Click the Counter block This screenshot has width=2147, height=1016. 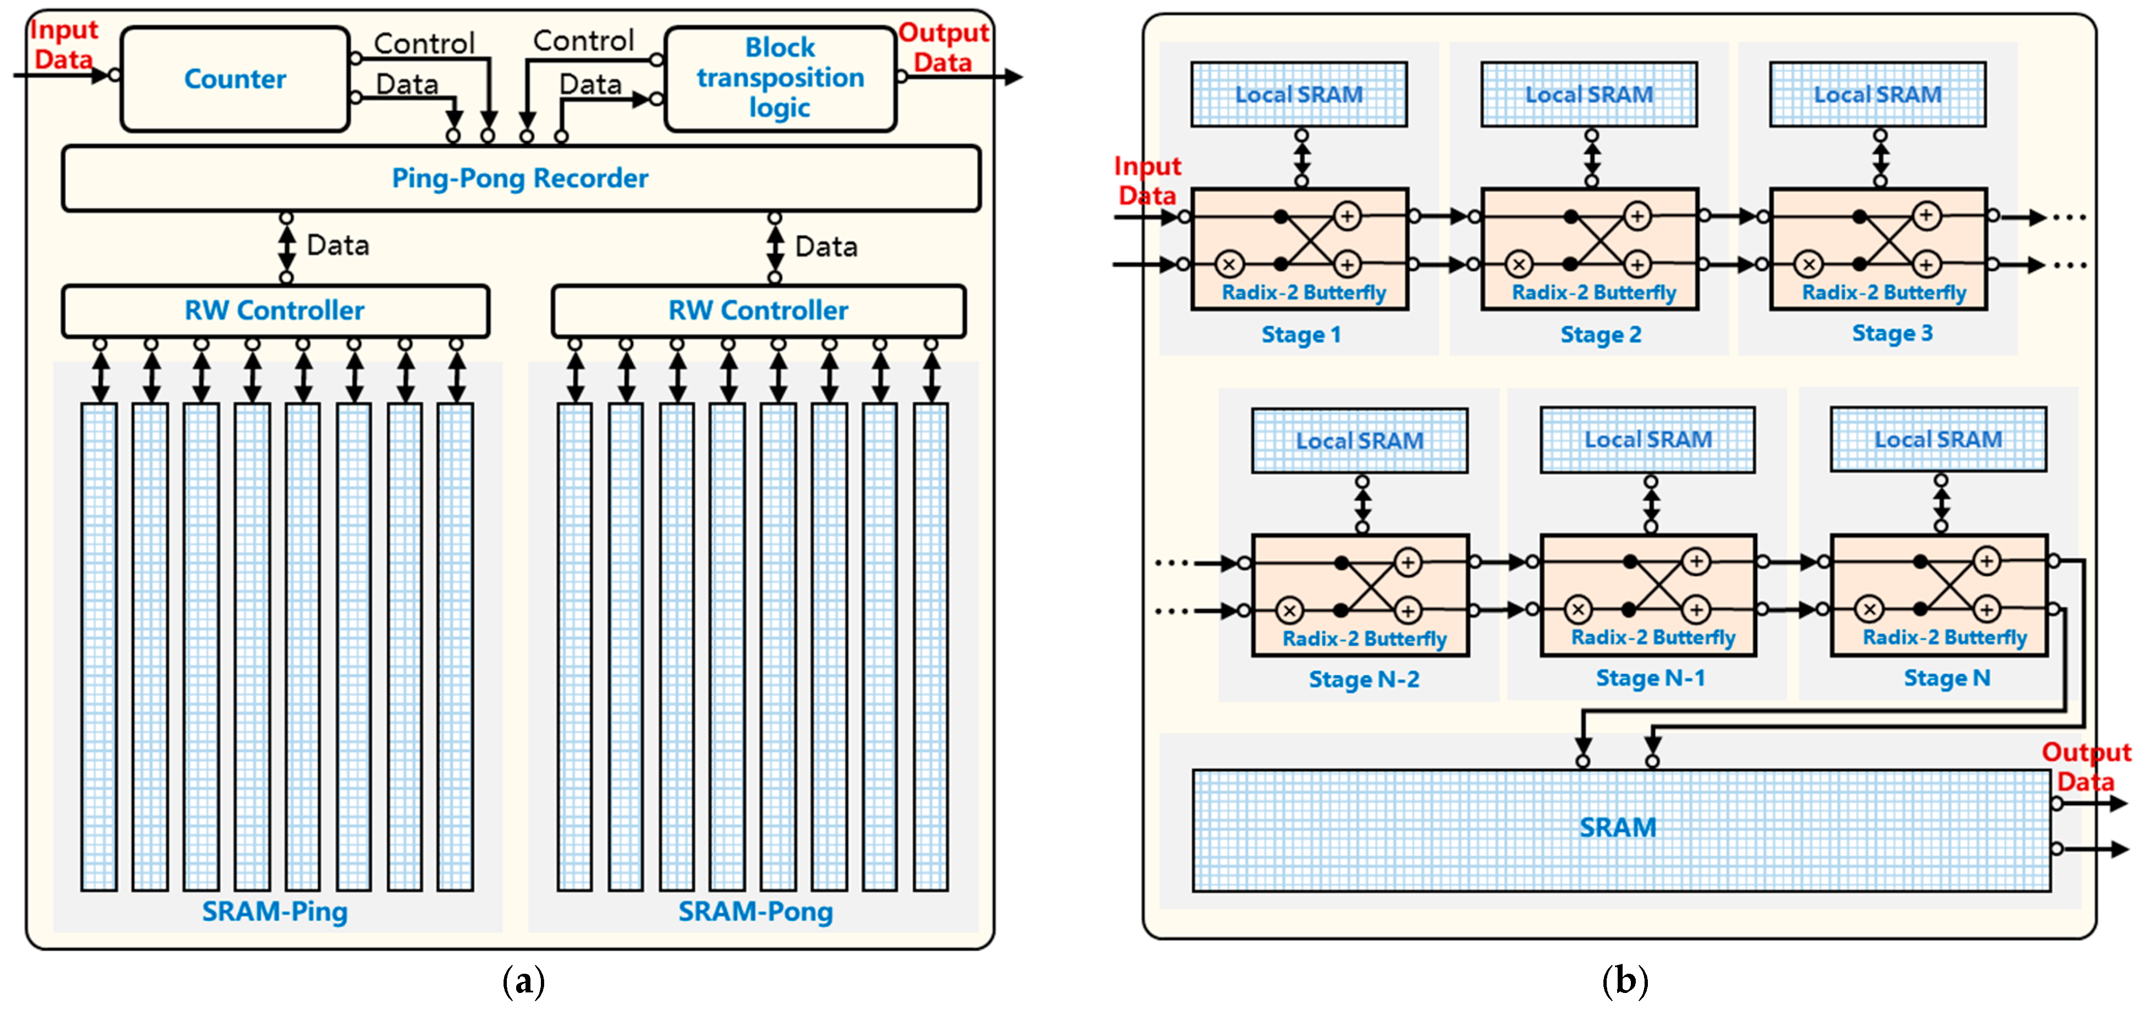[x=235, y=79]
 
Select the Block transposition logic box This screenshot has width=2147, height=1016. [x=780, y=79]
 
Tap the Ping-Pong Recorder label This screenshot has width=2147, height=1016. [x=520, y=178]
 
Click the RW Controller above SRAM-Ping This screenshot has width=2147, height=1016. [x=275, y=311]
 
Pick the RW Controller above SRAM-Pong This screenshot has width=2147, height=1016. [x=758, y=311]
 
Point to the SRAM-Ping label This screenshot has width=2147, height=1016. [x=275, y=912]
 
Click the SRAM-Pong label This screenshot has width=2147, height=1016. [x=755, y=912]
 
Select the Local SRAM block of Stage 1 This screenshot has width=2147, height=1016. [x=1299, y=94]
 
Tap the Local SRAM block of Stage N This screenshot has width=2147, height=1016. [x=1939, y=439]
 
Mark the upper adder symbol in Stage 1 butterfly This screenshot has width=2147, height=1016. [x=1348, y=216]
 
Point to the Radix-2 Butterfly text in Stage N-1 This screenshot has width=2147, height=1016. [x=1653, y=638]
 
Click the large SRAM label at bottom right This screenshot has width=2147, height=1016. [x=1618, y=828]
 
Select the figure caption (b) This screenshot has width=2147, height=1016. [x=1625, y=981]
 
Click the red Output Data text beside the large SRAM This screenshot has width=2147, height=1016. [x=2086, y=767]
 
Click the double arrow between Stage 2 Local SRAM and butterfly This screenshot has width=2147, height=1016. [x=1592, y=159]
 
